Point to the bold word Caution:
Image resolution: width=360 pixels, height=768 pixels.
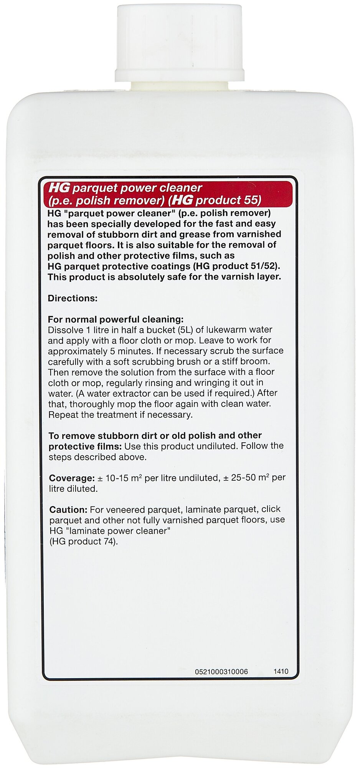(69, 510)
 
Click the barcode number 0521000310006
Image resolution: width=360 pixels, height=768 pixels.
(221, 672)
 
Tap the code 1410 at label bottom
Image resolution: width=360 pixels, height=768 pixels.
(281, 672)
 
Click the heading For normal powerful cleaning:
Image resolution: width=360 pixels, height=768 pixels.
(116, 319)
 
